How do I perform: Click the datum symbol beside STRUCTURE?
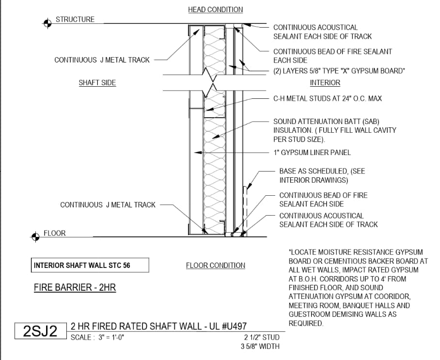pyautogui.click(x=47, y=22)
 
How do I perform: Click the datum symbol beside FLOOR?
pyautogui.click(x=35, y=236)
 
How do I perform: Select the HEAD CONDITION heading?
pyautogui.click(x=215, y=10)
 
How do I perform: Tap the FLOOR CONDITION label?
pyautogui.click(x=215, y=266)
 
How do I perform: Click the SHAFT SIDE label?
pyautogui.click(x=97, y=83)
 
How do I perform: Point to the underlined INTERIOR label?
pyautogui.click(x=325, y=83)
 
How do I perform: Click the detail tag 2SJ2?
pyautogui.click(x=40, y=331)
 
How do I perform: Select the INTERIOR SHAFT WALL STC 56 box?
pyautogui.click(x=90, y=266)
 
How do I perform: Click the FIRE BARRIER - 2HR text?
pyautogui.click(x=75, y=288)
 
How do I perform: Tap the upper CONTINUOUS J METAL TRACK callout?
pyautogui.click(x=102, y=60)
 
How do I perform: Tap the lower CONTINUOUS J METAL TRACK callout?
pyautogui.click(x=108, y=205)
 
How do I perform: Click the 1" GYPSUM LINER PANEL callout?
pyautogui.click(x=312, y=153)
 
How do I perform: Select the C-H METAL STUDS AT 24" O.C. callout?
pyautogui.click(x=328, y=98)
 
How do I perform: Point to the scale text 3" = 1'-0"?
pyautogui.click(x=97, y=338)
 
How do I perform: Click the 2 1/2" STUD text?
pyautogui.click(x=262, y=338)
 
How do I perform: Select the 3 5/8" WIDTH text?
pyautogui.click(x=260, y=346)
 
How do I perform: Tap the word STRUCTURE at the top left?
pyautogui.click(x=75, y=19)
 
